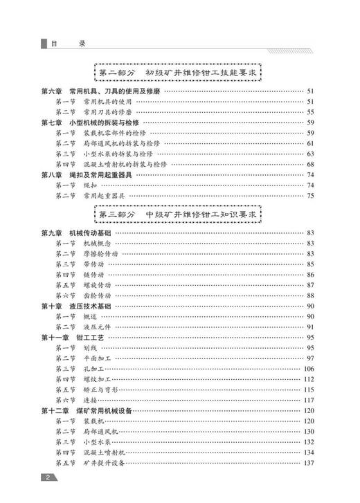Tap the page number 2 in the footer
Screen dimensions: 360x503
click(47, 477)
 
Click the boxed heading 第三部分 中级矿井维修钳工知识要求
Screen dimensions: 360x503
click(179, 215)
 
